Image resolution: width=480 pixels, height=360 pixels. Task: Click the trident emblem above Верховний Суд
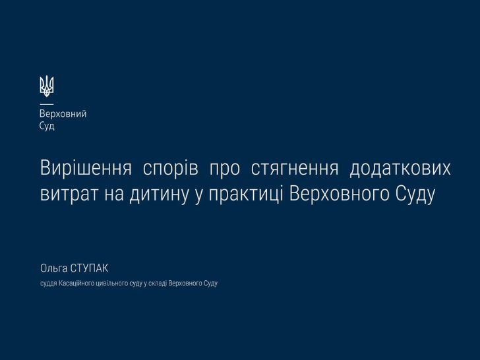(x=47, y=86)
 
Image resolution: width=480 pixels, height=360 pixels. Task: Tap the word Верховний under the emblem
(x=63, y=114)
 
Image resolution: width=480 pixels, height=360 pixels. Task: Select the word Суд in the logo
(x=47, y=126)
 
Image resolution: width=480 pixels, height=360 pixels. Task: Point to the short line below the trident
(x=47, y=104)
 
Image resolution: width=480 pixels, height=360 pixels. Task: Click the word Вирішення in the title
(x=86, y=168)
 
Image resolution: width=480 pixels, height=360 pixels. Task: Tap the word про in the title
(x=225, y=169)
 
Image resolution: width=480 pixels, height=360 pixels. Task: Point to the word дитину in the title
(x=158, y=195)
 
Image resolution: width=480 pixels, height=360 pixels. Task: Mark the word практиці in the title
(x=246, y=195)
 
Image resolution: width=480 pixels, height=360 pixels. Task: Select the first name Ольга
(x=54, y=268)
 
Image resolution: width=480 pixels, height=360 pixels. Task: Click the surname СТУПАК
(x=89, y=268)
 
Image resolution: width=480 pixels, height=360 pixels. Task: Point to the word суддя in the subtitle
(x=49, y=284)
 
